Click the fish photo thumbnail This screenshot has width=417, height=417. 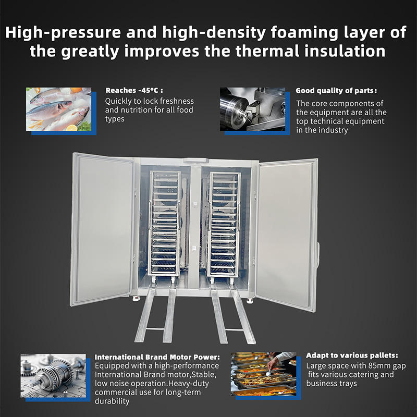58,109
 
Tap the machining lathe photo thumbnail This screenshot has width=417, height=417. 252,108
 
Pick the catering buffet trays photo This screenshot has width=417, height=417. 263,374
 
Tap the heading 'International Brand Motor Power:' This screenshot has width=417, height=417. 157,357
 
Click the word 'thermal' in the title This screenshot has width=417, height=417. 264,52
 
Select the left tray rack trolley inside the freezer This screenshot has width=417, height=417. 165,222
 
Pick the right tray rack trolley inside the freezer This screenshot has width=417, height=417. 224,222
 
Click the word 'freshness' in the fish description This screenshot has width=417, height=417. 175,101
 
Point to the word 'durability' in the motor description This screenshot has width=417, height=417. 113,402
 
